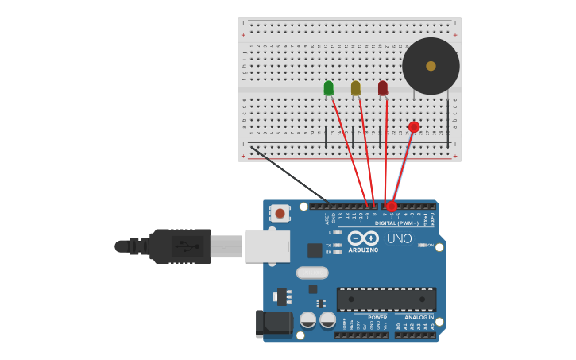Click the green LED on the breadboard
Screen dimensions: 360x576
329,88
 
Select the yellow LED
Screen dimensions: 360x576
355,88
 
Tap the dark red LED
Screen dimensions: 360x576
383,87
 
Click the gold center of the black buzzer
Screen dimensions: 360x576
431,66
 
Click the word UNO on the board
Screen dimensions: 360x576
399,238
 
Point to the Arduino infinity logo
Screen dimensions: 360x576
363,238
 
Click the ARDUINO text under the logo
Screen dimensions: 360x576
363,250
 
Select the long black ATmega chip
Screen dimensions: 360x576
386,300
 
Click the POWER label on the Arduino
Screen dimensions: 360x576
377,318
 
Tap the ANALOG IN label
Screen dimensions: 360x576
419,318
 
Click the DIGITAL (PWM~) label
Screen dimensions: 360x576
397,223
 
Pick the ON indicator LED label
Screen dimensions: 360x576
431,245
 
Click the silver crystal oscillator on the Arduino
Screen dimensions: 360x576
312,273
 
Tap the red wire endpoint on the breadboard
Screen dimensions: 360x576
414,127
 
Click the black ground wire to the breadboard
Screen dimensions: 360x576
290,175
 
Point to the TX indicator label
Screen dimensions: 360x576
329,245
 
